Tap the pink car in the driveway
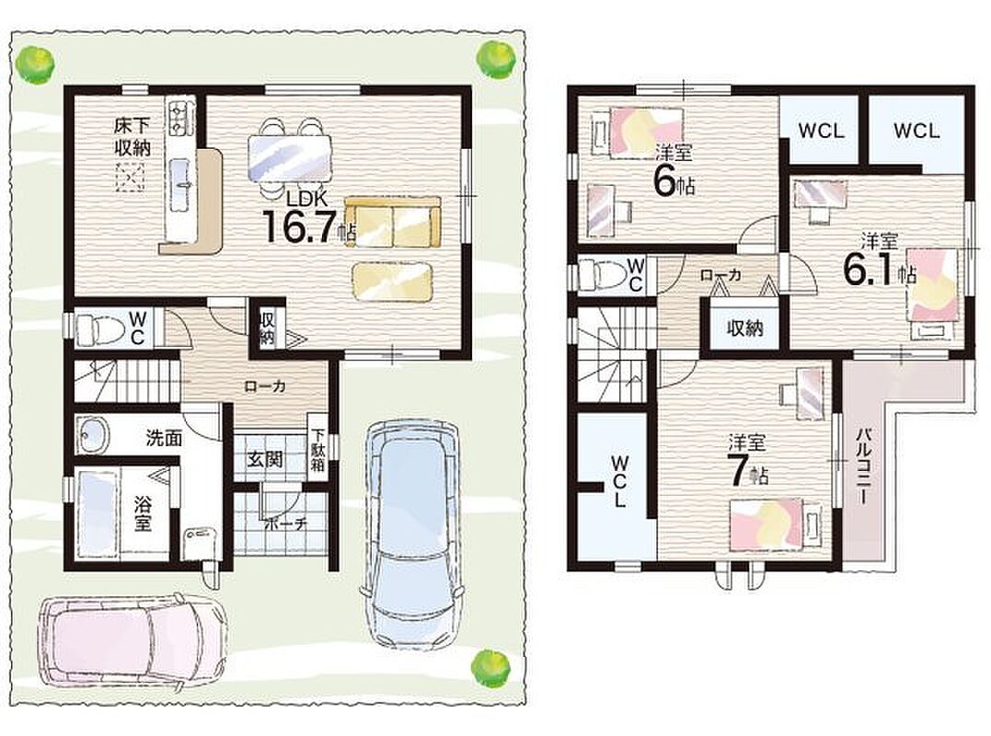click(x=133, y=640)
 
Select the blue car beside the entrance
click(x=412, y=534)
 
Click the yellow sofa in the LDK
click(x=393, y=223)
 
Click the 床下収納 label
click(x=133, y=136)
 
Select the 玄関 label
click(x=265, y=459)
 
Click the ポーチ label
click(x=285, y=523)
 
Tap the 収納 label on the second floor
click(x=744, y=328)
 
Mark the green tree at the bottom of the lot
click(x=490, y=666)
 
